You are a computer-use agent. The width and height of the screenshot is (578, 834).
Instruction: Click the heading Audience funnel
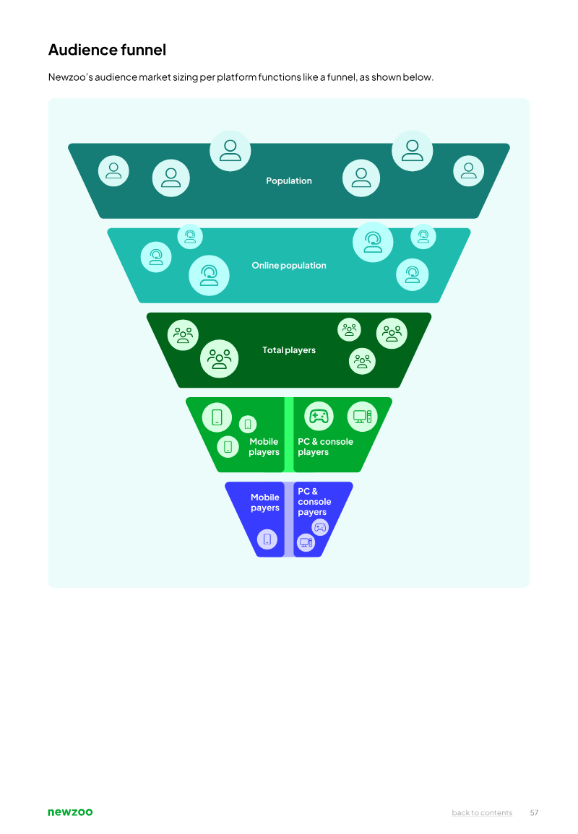click(x=107, y=50)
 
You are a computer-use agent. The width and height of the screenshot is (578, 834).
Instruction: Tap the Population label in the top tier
click(x=289, y=181)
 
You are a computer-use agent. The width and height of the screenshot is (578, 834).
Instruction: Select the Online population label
click(x=289, y=266)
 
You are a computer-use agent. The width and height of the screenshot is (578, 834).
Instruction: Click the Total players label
click(x=289, y=350)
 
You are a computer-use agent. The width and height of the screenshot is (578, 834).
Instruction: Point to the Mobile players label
click(x=264, y=447)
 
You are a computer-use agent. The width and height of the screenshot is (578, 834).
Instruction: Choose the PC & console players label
click(x=325, y=447)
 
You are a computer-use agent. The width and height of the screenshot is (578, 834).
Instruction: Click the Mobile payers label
click(x=265, y=503)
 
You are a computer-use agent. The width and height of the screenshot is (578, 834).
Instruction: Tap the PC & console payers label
click(x=314, y=502)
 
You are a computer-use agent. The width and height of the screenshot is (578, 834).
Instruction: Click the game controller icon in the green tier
click(x=319, y=416)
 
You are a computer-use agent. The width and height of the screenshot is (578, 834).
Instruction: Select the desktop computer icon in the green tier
click(x=362, y=417)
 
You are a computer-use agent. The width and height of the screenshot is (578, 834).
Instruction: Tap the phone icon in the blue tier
click(x=267, y=539)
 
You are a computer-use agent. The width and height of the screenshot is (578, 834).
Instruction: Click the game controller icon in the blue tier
click(x=320, y=527)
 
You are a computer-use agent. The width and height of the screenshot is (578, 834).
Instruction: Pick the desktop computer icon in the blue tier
click(x=306, y=542)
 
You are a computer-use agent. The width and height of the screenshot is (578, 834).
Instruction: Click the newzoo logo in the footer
click(x=70, y=812)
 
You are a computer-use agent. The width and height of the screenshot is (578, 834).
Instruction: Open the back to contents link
click(x=482, y=813)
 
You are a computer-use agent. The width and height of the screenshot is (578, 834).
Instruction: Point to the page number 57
click(x=534, y=813)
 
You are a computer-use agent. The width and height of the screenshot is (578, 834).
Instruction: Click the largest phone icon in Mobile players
click(x=217, y=417)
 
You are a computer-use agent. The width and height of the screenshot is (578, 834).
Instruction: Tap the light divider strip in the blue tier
click(x=289, y=520)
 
